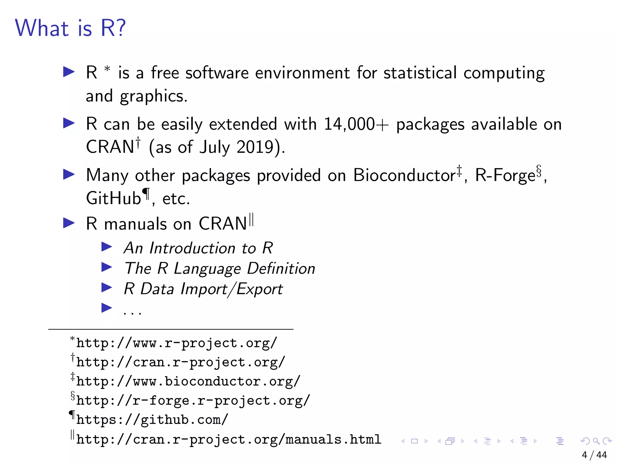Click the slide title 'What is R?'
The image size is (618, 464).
coord(70,28)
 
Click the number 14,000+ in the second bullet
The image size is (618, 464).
coord(356,124)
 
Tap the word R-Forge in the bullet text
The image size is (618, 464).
coord(505,175)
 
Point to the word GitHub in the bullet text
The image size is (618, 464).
coord(113,198)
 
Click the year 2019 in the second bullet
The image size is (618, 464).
coord(255,147)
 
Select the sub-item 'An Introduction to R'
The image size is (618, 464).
coord(198,248)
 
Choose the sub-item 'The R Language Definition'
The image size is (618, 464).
coord(220,269)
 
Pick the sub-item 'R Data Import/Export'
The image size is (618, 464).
coord(203,289)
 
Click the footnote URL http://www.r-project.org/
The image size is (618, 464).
coord(177,343)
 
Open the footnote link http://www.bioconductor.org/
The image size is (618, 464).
coord(188,382)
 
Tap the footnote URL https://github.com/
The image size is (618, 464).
coord(152,420)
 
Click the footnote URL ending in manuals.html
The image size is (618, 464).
coord(228,440)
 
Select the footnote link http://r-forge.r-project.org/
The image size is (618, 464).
coord(193,401)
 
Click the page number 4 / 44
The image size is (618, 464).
coord(594,455)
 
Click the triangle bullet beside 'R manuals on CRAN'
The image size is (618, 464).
coord(69,223)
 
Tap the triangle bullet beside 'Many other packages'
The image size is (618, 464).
coord(69,175)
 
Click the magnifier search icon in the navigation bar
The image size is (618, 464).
coord(596,441)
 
